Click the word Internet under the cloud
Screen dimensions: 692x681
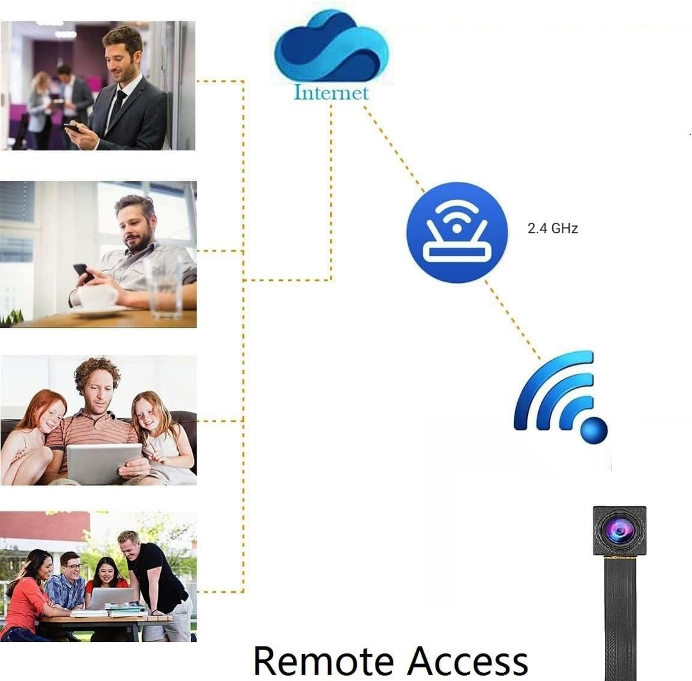[331, 93]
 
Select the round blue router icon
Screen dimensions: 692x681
[457, 232]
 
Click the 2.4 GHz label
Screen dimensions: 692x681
[552, 228]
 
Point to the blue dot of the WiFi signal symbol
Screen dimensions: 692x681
[594, 429]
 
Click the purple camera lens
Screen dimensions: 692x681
[619, 530]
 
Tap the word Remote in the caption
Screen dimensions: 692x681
[324, 661]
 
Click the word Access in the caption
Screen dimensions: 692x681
[467, 661]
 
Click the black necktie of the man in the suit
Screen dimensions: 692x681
[117, 105]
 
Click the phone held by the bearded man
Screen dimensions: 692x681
[83, 273]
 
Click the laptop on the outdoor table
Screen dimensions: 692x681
[111, 598]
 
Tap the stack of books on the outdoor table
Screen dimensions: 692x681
[126, 610]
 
